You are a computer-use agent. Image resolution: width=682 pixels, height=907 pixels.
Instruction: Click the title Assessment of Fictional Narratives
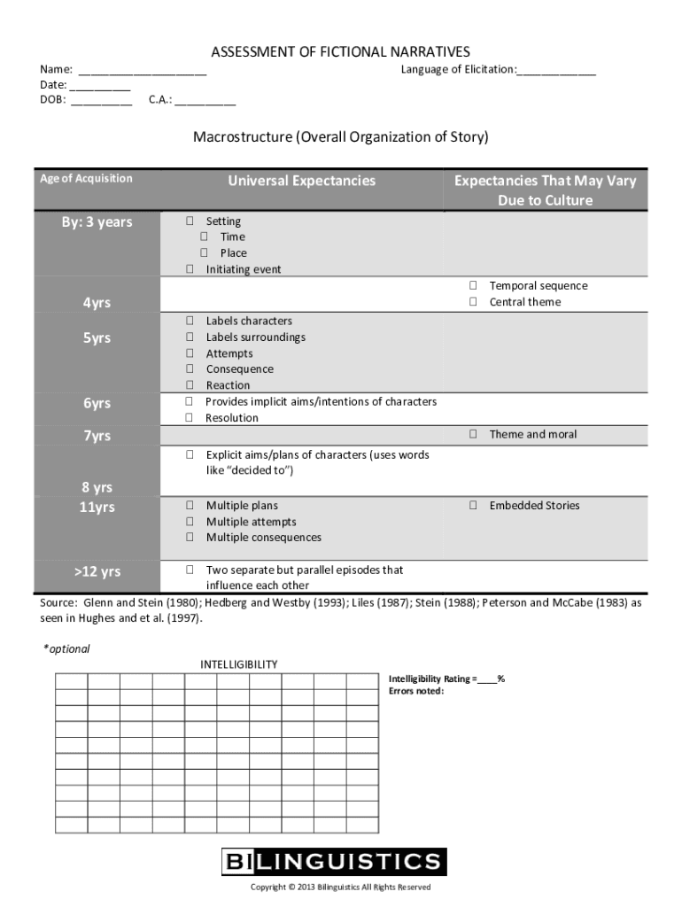click(340, 52)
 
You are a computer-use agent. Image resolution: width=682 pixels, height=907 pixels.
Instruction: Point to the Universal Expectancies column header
click(301, 181)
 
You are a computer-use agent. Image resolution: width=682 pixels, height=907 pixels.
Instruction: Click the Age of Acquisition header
click(86, 178)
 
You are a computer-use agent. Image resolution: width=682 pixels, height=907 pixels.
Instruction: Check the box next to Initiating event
click(190, 269)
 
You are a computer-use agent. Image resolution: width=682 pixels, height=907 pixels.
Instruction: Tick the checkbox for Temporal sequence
click(473, 285)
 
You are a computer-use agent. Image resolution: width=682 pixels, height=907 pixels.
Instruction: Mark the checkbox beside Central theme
click(473, 302)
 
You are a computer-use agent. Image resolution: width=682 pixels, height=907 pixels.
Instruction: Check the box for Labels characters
click(190, 321)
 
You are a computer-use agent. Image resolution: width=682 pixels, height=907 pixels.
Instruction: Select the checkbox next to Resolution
click(190, 418)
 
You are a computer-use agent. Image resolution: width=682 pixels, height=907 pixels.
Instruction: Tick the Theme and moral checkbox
click(473, 434)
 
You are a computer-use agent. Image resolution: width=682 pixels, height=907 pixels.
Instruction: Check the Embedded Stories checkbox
click(473, 506)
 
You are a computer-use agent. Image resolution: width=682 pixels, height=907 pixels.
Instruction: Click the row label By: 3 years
click(97, 222)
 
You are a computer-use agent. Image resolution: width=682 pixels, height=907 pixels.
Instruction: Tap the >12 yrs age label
click(97, 571)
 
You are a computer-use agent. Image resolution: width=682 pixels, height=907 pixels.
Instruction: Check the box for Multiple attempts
click(190, 522)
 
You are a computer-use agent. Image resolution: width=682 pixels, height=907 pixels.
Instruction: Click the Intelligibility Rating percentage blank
click(487, 679)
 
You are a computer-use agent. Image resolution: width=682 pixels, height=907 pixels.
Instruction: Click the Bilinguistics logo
click(333, 861)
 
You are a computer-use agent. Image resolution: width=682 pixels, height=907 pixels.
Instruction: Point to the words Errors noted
click(416, 692)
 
